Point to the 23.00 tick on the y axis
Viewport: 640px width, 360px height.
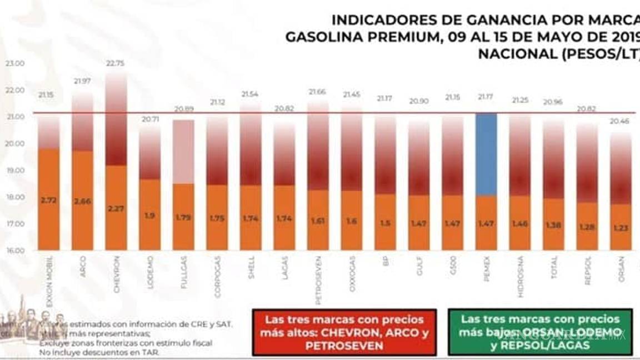(15, 63)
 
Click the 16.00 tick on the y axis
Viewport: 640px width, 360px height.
(15, 251)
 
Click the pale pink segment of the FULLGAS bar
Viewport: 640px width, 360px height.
(183, 152)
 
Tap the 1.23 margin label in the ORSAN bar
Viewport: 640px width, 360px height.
(621, 227)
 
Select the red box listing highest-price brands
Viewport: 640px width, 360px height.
(344, 332)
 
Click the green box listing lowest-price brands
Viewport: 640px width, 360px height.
(540, 332)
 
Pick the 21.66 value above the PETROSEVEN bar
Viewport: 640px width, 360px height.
(318, 91)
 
